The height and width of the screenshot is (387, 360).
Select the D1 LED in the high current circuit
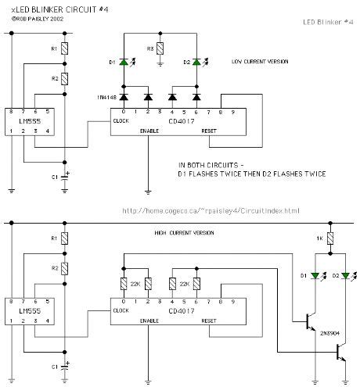[x=317, y=276]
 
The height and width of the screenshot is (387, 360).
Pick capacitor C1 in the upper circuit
[x=67, y=177]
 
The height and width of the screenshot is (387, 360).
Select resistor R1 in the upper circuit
[x=67, y=48]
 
